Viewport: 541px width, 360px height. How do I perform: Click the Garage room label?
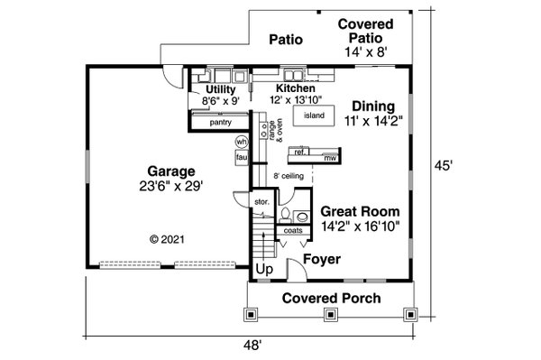coord(171,171)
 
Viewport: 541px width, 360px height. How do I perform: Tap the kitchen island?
coord(314,115)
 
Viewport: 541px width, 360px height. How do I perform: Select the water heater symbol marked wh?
coord(242,142)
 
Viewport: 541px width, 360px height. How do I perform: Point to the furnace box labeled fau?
coord(242,157)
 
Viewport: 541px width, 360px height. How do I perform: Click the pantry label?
coord(221,122)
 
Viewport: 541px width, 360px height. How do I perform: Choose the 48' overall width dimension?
coord(252,345)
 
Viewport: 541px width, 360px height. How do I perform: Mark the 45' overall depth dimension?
coord(443,166)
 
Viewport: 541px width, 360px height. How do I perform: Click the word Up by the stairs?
coord(264,269)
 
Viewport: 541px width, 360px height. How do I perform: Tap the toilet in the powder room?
coord(285,215)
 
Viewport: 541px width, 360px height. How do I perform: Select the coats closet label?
coord(293,230)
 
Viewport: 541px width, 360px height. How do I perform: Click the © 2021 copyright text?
coord(168,239)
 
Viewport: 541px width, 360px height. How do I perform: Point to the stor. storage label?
coord(261,202)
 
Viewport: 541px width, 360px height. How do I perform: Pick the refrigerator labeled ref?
coord(299,152)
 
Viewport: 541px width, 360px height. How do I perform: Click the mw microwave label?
coord(330,158)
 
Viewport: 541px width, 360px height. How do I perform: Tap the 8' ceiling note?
coord(289,176)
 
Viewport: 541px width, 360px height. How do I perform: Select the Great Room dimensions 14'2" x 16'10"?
coord(360,226)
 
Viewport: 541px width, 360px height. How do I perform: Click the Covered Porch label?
coord(331,299)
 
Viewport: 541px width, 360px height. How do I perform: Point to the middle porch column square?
coord(331,315)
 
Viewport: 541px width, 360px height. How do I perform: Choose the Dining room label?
coord(373,106)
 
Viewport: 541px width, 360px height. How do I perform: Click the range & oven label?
coord(275,131)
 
